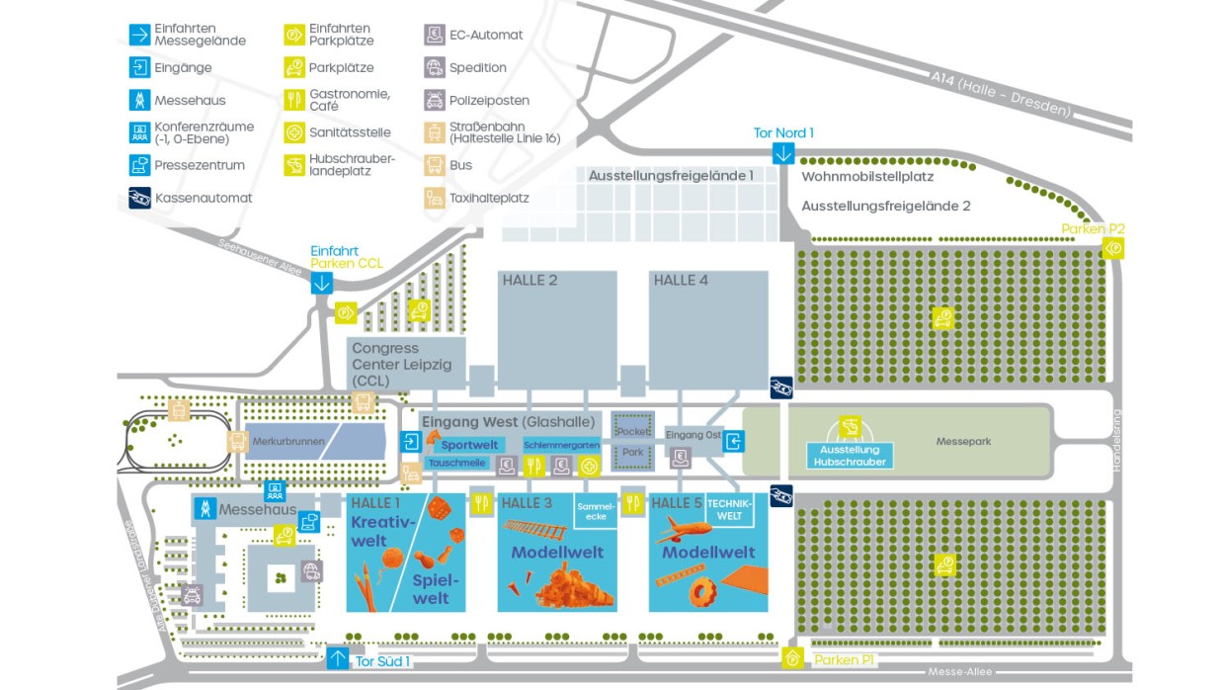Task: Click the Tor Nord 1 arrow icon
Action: click(783, 153)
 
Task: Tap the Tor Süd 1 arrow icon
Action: click(338, 657)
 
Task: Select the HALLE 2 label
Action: click(530, 281)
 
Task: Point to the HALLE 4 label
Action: click(681, 281)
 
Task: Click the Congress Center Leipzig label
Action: click(401, 364)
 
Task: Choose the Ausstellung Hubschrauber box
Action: click(848, 456)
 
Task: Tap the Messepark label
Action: click(963, 441)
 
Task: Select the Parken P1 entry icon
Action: click(792, 658)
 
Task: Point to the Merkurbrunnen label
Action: click(288, 441)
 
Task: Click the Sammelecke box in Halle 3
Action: click(595, 510)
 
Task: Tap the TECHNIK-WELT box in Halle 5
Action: click(730, 509)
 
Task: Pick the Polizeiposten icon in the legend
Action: click(435, 100)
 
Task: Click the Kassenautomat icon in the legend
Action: click(139, 198)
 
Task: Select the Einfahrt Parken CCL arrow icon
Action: click(321, 283)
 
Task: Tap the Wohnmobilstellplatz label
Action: click(867, 177)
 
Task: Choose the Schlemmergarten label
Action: click(560, 445)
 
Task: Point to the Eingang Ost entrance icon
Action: click(733, 442)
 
